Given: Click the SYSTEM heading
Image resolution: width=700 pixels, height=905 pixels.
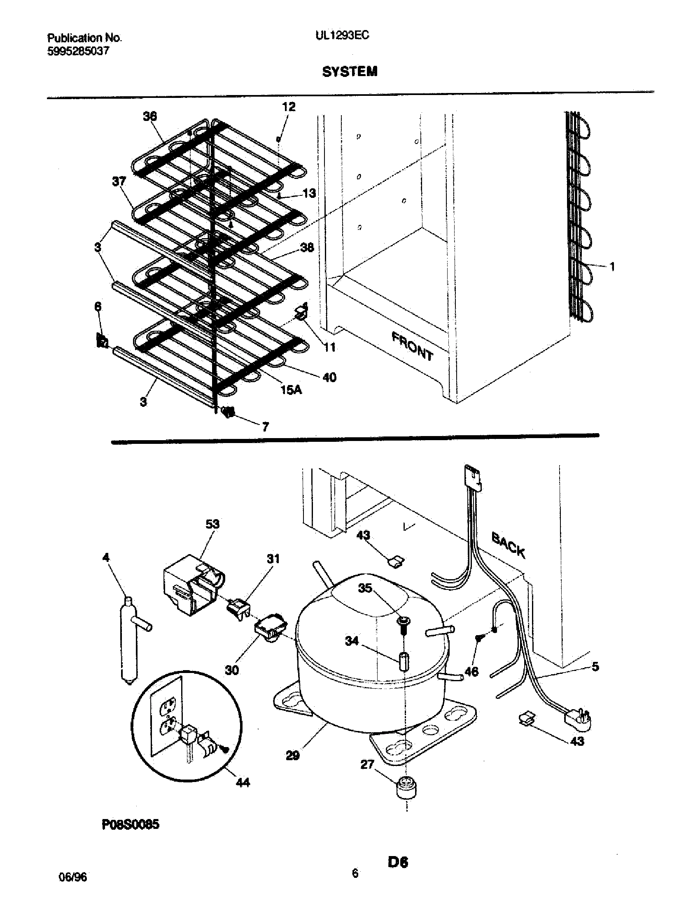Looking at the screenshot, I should (350, 72).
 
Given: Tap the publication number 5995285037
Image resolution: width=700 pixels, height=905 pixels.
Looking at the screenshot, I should (78, 51).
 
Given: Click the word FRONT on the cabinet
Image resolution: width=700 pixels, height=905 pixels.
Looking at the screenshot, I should (413, 346).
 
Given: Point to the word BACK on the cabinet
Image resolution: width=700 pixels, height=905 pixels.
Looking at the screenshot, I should (509, 545).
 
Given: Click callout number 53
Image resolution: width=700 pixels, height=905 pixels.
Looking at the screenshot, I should (212, 524).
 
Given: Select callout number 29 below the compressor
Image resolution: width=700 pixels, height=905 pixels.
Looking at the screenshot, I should (293, 756).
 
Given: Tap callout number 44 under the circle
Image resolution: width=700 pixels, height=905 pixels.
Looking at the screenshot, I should (243, 782).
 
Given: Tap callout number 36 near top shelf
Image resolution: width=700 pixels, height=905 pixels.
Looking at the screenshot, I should (150, 116).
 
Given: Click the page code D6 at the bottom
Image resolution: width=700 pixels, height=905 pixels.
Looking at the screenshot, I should (398, 862).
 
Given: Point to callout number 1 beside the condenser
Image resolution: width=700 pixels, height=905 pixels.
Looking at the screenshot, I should (611, 267).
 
